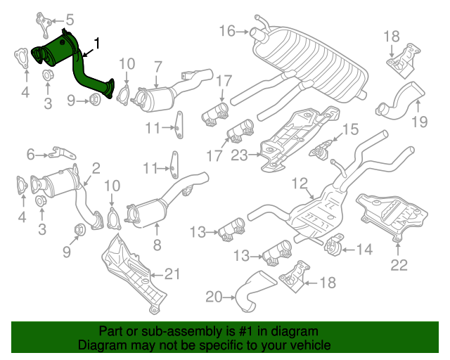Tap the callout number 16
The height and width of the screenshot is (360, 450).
click(226, 30)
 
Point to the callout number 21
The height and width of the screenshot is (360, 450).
click(173, 274)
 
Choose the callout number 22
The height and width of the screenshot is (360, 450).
click(399, 265)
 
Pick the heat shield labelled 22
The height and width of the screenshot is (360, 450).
click(394, 214)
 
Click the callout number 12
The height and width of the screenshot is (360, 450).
click(300, 184)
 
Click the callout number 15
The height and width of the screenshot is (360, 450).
click(349, 129)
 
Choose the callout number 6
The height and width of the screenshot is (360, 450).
click(30, 153)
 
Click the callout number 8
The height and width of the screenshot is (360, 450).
click(157, 245)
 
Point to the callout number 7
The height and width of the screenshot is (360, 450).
click(157, 66)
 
